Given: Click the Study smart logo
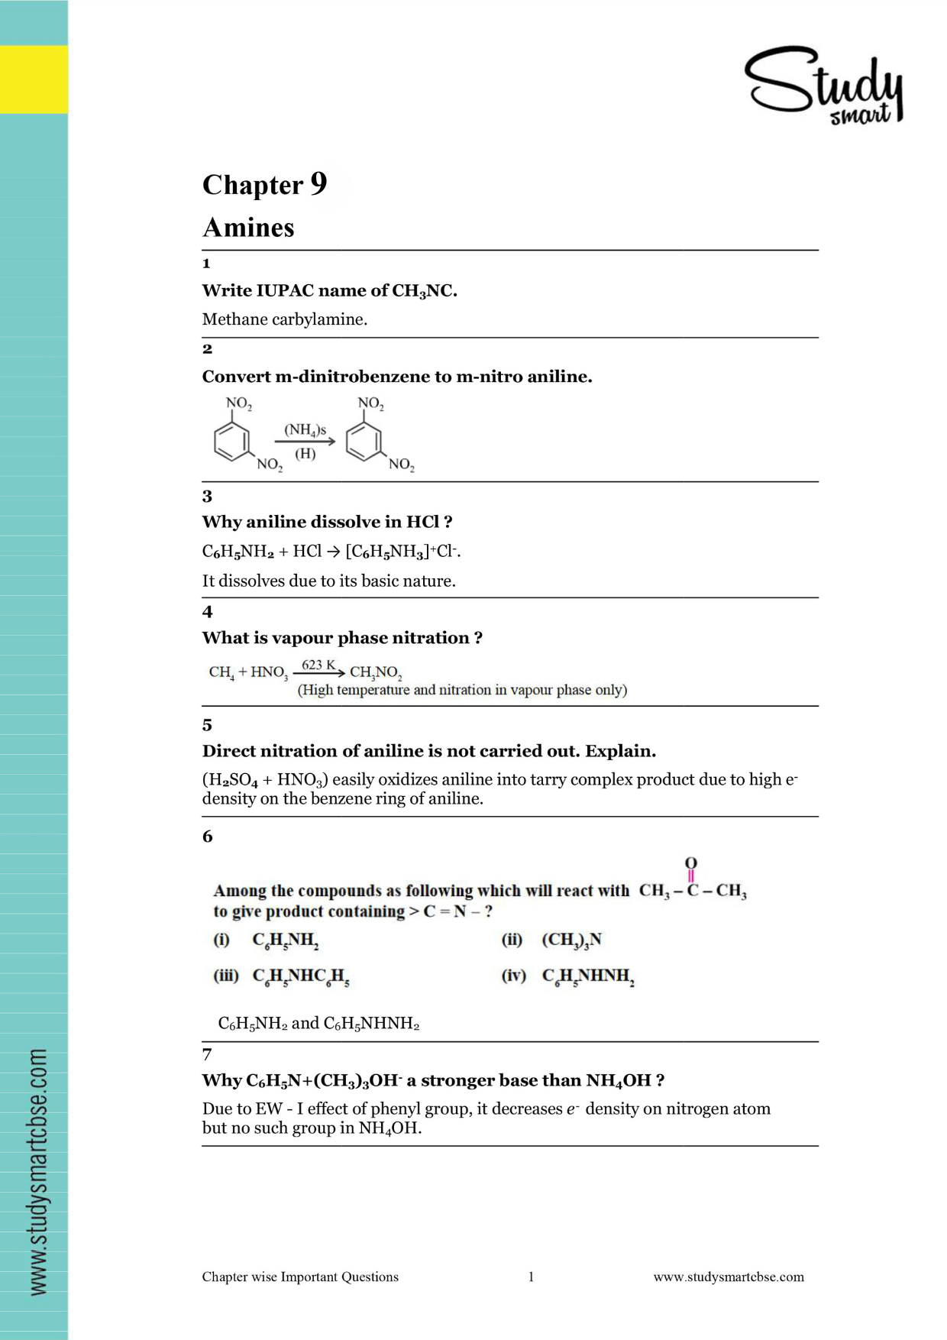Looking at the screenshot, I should tap(824, 86).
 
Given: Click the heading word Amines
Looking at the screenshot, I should tap(248, 228).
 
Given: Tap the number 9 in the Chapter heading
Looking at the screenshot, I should tap(318, 183).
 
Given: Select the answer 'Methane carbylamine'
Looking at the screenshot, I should tap(284, 319).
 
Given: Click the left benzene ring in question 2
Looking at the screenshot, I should tap(231, 441).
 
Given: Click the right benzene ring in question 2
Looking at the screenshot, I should tap(364, 441).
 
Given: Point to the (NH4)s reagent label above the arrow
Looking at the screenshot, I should tap(305, 430).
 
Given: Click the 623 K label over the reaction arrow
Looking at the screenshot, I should tap(318, 665).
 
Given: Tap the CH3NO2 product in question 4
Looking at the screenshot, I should tap(376, 672).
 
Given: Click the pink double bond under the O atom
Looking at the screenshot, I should tap(691, 876).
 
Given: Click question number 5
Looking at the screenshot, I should tap(207, 725).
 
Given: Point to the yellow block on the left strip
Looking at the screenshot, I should tap(34, 79).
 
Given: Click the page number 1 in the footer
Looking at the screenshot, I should tap(531, 1277).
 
